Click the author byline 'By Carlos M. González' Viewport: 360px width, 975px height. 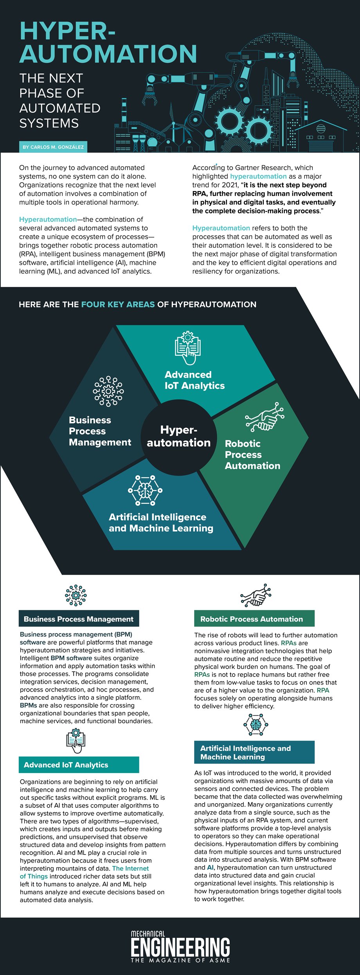click(x=53, y=147)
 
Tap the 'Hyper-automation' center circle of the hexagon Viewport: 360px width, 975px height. click(x=178, y=436)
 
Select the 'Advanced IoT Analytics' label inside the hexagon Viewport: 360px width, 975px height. click(x=194, y=380)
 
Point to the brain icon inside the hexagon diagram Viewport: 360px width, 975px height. click(x=145, y=490)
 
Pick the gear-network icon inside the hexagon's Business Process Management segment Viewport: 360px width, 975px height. click(x=108, y=391)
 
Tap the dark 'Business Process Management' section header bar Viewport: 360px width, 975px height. click(x=79, y=619)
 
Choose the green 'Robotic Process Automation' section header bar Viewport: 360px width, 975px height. click(x=254, y=619)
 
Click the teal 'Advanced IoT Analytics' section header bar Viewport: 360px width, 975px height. click(x=79, y=765)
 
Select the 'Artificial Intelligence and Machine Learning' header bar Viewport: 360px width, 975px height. click(x=254, y=752)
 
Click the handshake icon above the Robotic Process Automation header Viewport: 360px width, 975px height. click(x=256, y=595)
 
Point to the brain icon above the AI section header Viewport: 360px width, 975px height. click(x=256, y=724)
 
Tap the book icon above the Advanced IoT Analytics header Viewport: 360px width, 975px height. click(x=76, y=741)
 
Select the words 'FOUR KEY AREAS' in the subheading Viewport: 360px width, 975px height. click(x=118, y=305)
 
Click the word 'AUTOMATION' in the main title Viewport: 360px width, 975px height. click(x=108, y=54)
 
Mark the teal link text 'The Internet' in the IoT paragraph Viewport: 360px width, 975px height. click(x=130, y=868)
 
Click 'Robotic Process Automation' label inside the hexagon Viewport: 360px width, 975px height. click(x=252, y=454)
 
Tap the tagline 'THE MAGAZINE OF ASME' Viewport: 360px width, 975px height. click(x=180, y=960)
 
